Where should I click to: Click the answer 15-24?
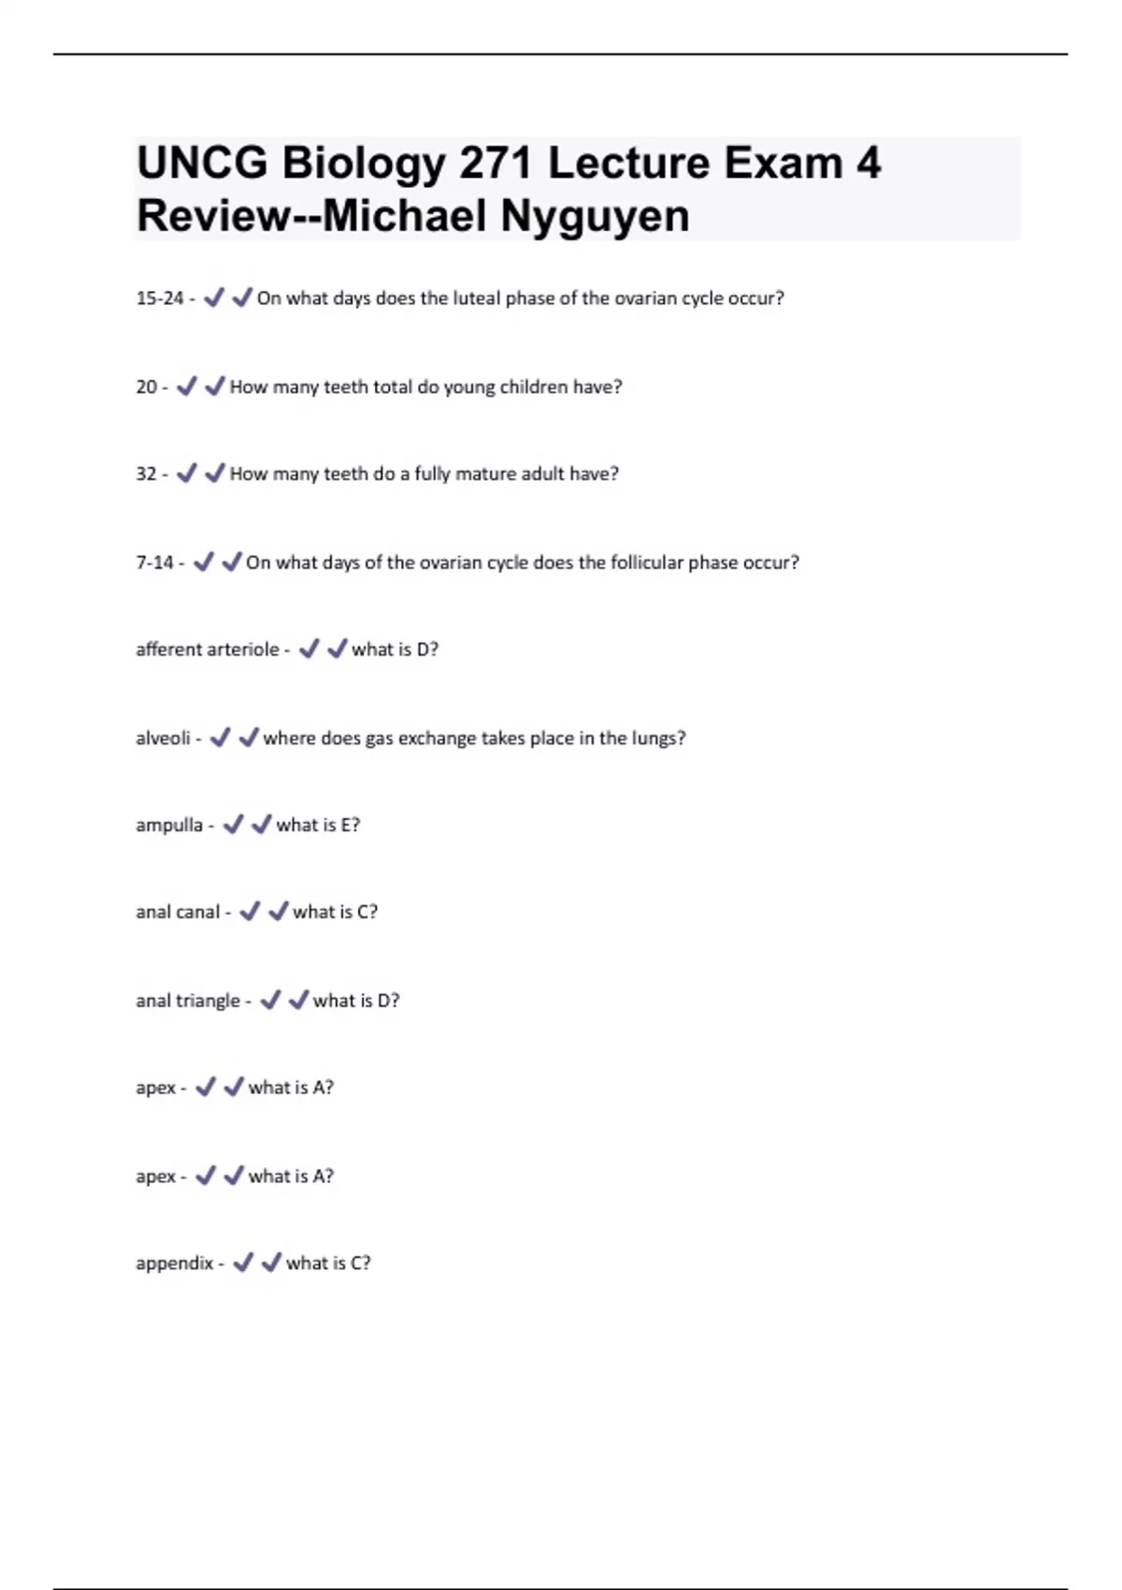(x=160, y=298)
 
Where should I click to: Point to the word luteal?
(x=477, y=298)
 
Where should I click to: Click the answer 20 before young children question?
(x=146, y=386)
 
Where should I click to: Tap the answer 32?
(x=146, y=474)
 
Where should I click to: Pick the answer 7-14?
(x=154, y=562)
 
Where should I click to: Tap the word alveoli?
(x=163, y=738)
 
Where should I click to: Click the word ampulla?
(x=169, y=825)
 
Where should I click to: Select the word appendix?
(x=175, y=1264)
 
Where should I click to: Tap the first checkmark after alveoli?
(x=220, y=738)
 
